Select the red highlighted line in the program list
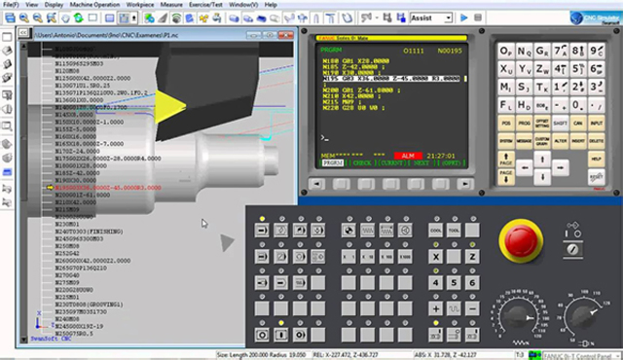107,187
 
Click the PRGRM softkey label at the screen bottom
332,164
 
